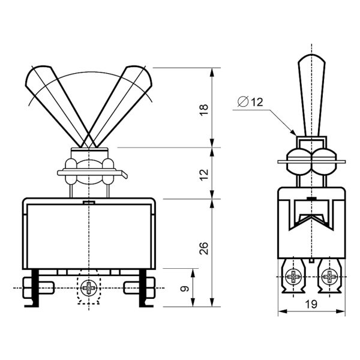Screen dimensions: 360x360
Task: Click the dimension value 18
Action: tap(204, 110)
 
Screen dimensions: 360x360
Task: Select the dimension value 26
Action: tap(204, 248)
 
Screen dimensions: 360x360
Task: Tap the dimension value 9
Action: tap(185, 289)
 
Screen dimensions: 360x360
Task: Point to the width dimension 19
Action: tap(311, 304)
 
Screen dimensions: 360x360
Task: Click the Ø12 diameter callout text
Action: tap(250, 102)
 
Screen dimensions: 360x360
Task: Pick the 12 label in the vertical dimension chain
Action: tap(204, 175)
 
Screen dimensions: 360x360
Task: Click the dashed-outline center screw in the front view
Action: tap(89, 288)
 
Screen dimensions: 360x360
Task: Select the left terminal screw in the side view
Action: tap(293, 277)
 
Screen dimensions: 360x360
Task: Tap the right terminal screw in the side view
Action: tap(329, 277)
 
